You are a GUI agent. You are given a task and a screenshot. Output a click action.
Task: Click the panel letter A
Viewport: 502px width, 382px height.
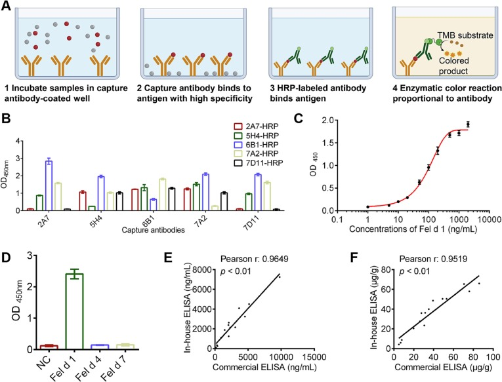[7, 7]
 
